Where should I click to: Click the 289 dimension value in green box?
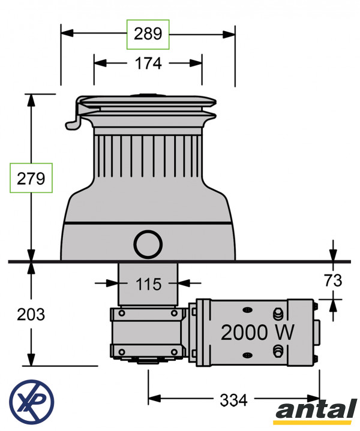[148, 34]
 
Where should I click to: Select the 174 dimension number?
[148, 62]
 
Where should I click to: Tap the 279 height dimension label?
[31, 178]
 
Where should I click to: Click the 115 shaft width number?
[148, 284]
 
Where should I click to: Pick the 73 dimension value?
[333, 280]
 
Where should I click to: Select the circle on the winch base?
[148, 245]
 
